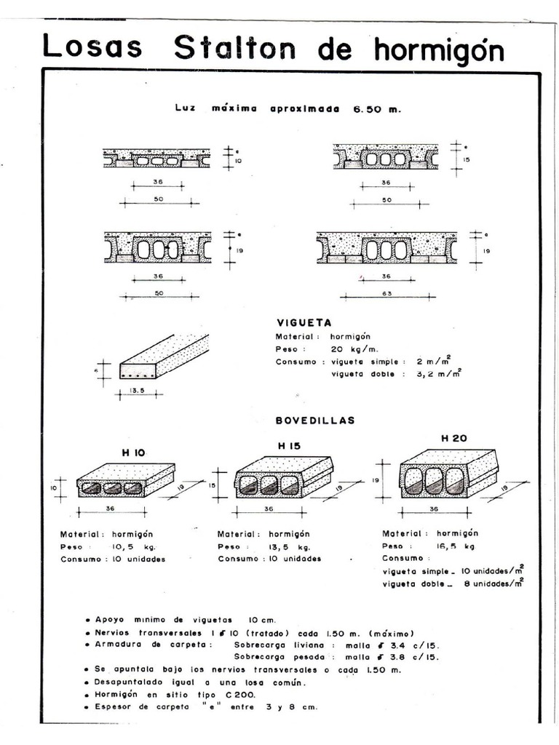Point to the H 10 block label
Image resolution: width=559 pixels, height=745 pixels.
coord(133,452)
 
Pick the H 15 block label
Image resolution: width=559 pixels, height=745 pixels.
coord(289,446)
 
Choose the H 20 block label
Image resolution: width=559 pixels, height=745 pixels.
coord(454,438)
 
